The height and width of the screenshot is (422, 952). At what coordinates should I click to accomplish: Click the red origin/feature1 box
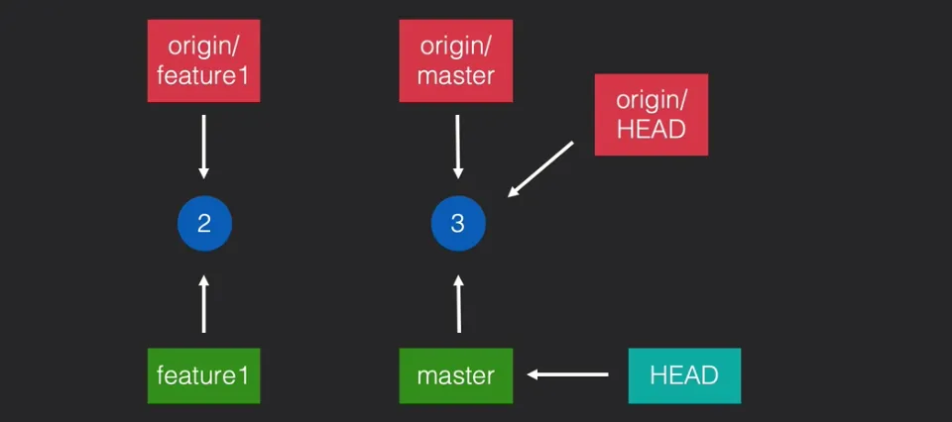pos(203,60)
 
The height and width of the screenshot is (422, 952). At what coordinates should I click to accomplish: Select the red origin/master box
pos(456,60)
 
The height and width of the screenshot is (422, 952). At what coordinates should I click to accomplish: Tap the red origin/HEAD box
pos(651,114)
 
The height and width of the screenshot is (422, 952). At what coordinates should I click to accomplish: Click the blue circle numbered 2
pos(203,223)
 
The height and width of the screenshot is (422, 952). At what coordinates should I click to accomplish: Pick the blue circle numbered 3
pos(457,223)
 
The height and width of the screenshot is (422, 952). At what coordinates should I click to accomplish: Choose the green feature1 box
pos(203,375)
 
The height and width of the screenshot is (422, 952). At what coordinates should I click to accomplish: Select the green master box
pos(456,375)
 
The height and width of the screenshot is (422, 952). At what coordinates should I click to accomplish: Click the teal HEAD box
pos(684,375)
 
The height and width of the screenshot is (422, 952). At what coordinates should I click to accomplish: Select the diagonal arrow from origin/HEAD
pos(541,168)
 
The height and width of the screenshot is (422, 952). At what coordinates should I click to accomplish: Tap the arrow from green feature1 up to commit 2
pos(203,304)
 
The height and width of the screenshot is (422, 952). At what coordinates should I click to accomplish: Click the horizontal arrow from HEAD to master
pos(568,374)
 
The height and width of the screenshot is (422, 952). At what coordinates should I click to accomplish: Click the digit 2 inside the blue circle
pos(203,223)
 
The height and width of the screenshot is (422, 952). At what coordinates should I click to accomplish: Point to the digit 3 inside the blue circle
pos(457,223)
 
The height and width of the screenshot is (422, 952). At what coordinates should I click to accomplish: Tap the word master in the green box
pos(456,376)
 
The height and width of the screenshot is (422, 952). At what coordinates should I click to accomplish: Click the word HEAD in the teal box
pos(684,376)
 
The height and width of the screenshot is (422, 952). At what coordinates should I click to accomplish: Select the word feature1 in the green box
pos(203,376)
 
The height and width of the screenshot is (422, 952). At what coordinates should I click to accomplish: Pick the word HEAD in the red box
pos(651,129)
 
